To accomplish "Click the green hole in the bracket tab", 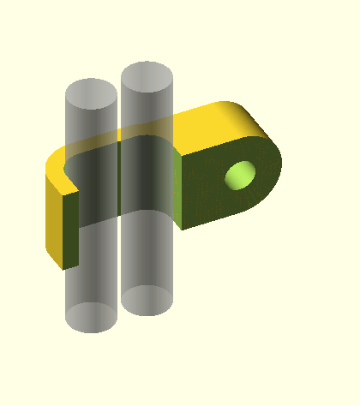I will (240, 175).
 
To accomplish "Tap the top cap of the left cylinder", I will (92, 93).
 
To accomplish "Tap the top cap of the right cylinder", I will (147, 77).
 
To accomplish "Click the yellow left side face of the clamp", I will (54, 214).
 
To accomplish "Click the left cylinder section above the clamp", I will (92, 120).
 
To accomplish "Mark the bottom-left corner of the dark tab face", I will (183, 226).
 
